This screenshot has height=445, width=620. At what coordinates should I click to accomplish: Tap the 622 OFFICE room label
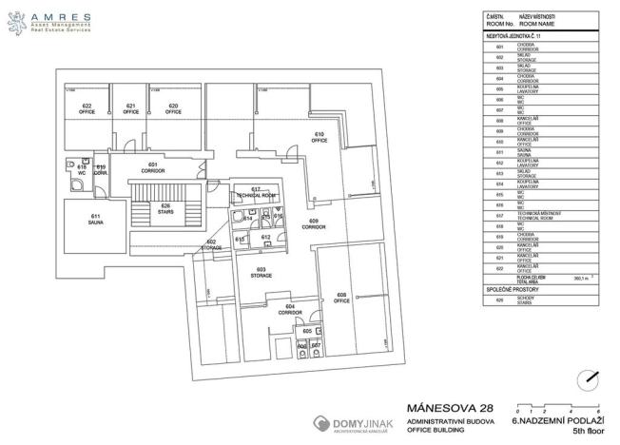tap(87, 107)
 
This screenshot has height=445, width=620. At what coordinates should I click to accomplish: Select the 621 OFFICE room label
tap(131, 107)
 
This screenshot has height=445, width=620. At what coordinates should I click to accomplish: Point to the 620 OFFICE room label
tap(173, 107)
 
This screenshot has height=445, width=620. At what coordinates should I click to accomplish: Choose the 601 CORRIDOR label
tap(153, 167)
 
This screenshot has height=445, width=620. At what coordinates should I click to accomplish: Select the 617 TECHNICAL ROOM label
tap(256, 192)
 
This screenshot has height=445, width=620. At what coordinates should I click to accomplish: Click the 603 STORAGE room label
tap(262, 273)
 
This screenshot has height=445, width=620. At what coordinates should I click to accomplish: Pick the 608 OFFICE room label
tap(342, 298)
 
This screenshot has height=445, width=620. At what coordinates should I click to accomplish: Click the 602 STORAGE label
tap(211, 244)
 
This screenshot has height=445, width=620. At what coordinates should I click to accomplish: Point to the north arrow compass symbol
tap(591, 377)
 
